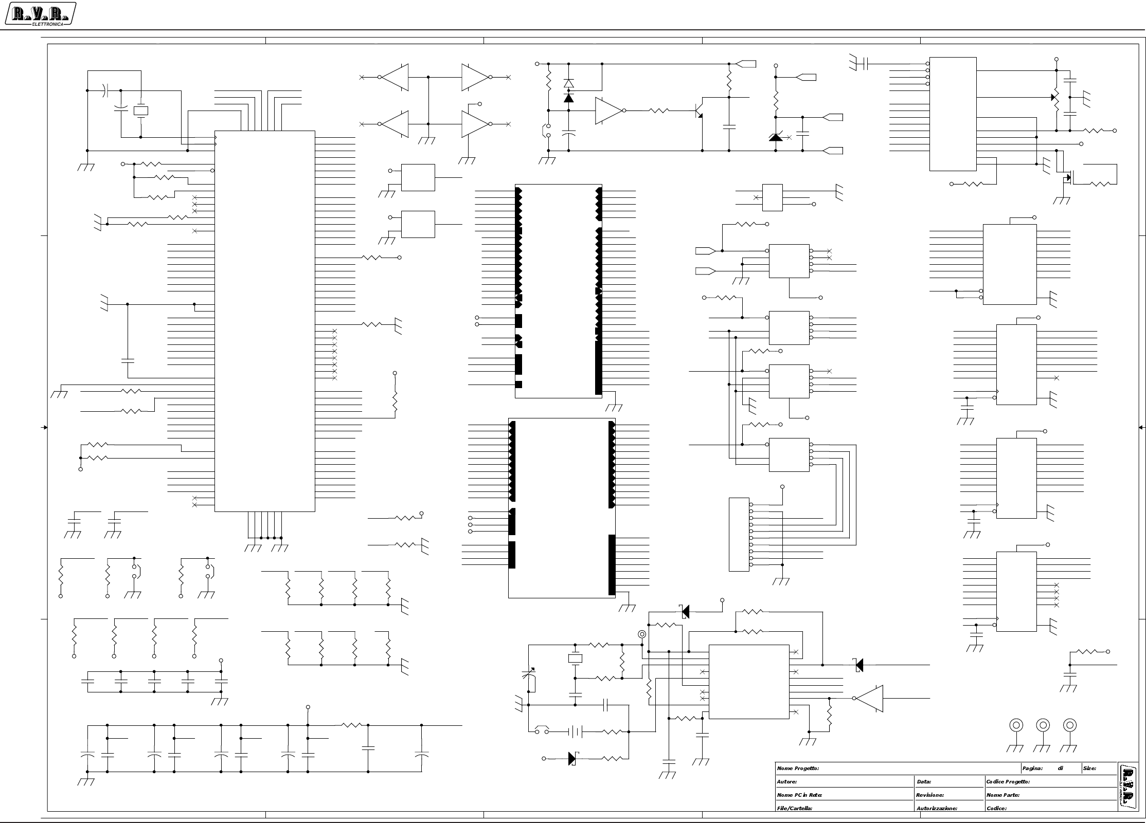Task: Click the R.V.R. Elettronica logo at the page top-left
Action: coord(40,14)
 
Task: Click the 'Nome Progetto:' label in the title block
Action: coord(798,769)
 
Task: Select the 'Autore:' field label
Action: coord(786,782)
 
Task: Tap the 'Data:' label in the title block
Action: coord(924,782)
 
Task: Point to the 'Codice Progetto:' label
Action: coord(1008,782)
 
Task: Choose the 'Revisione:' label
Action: coord(929,795)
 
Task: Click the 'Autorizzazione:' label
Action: coord(937,809)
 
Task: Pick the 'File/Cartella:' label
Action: coord(794,809)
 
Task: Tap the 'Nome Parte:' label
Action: coord(1002,795)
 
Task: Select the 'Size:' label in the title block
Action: coord(1089,769)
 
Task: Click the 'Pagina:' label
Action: coord(1032,769)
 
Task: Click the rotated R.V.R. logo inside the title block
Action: coord(1127,786)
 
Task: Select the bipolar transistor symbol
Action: coord(699,111)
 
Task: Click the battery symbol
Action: coord(575,731)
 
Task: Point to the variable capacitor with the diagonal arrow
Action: coord(529,679)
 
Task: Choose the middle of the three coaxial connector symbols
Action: coord(1043,725)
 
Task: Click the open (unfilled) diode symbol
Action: coord(568,83)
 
